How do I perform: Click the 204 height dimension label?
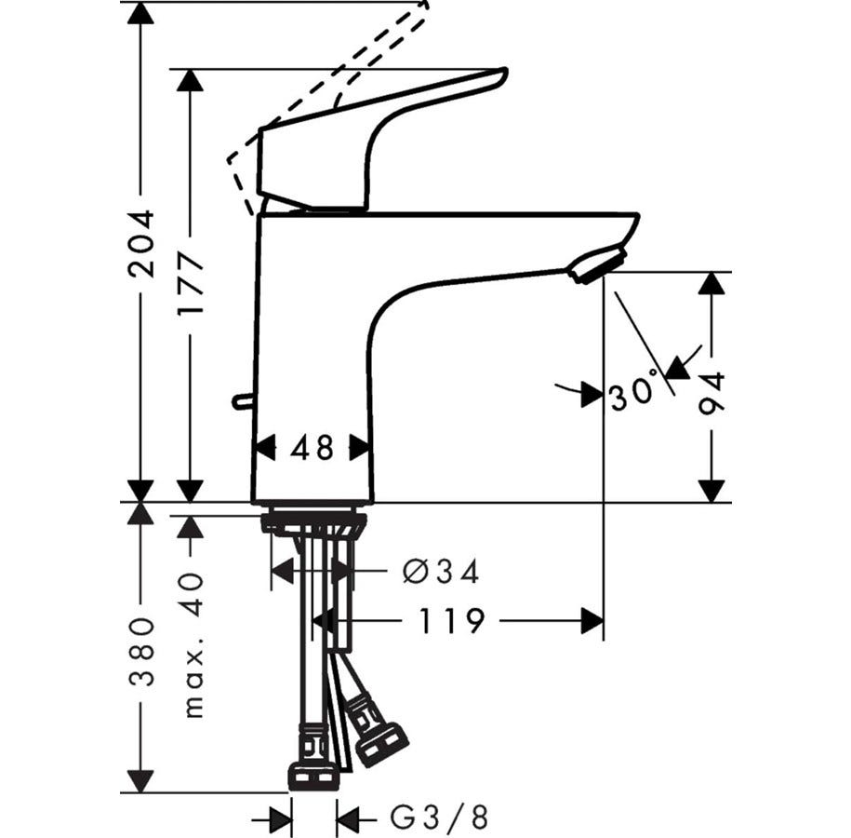[142, 244]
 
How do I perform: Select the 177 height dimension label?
[191, 284]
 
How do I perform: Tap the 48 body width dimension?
[312, 449]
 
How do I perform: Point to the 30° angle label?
[635, 387]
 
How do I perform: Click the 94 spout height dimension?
[711, 393]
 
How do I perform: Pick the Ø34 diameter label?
[442, 572]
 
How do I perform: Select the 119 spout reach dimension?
[451, 621]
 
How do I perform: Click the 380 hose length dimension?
[142, 652]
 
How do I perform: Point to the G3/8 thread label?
[439, 817]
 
